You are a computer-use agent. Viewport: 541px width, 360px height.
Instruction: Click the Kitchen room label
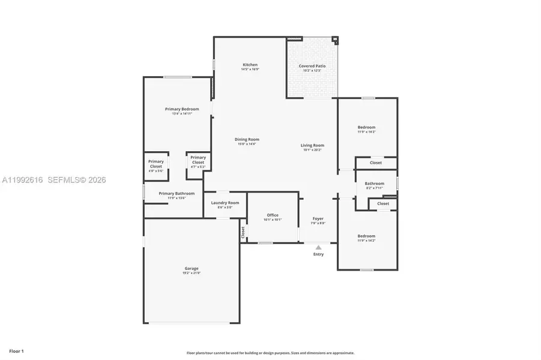click(x=250, y=65)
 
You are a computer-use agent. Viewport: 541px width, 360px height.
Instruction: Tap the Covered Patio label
click(x=312, y=66)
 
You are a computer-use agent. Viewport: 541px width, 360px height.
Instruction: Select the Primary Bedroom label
click(x=182, y=109)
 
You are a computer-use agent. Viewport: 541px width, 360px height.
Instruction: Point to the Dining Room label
click(x=247, y=139)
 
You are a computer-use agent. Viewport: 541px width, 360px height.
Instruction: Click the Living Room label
click(x=312, y=145)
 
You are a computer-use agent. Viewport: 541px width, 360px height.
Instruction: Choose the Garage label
click(x=192, y=268)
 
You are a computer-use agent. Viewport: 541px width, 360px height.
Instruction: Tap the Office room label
click(x=273, y=215)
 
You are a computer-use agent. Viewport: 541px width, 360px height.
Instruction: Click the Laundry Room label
click(x=225, y=203)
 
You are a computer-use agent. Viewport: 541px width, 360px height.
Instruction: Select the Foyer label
click(x=318, y=219)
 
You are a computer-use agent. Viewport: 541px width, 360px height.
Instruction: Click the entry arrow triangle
click(x=318, y=247)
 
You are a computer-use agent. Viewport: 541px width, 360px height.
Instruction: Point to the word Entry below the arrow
click(x=318, y=254)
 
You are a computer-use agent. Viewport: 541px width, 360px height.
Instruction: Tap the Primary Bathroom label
click(x=177, y=193)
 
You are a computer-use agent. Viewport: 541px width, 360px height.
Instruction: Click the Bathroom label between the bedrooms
click(x=374, y=184)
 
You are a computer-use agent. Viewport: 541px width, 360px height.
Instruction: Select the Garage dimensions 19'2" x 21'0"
click(x=192, y=273)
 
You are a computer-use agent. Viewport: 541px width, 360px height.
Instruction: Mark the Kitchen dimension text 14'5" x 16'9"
click(x=250, y=70)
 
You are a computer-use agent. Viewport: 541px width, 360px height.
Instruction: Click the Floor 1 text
click(x=16, y=350)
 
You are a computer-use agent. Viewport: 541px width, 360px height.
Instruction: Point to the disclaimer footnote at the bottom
click(x=270, y=353)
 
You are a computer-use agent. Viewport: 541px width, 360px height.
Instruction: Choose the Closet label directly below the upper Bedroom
click(x=375, y=163)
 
